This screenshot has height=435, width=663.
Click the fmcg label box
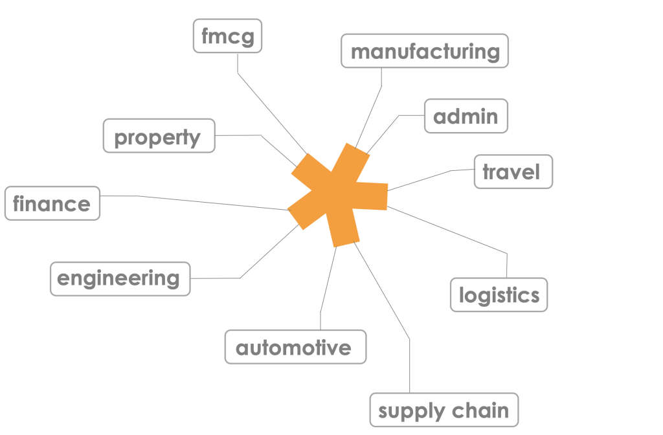coord(227,36)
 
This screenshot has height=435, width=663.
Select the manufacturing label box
coord(425,51)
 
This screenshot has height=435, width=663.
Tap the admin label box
coord(466,117)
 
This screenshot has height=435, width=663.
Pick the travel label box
coord(513,172)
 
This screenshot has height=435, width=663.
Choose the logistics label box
coord(499,295)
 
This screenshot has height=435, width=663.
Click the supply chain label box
coord(444,410)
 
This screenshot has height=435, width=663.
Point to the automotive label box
coord(295,348)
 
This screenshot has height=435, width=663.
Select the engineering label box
coord(120,279)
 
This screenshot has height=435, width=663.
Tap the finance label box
coord(52,204)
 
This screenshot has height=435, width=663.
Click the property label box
coord(159,136)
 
